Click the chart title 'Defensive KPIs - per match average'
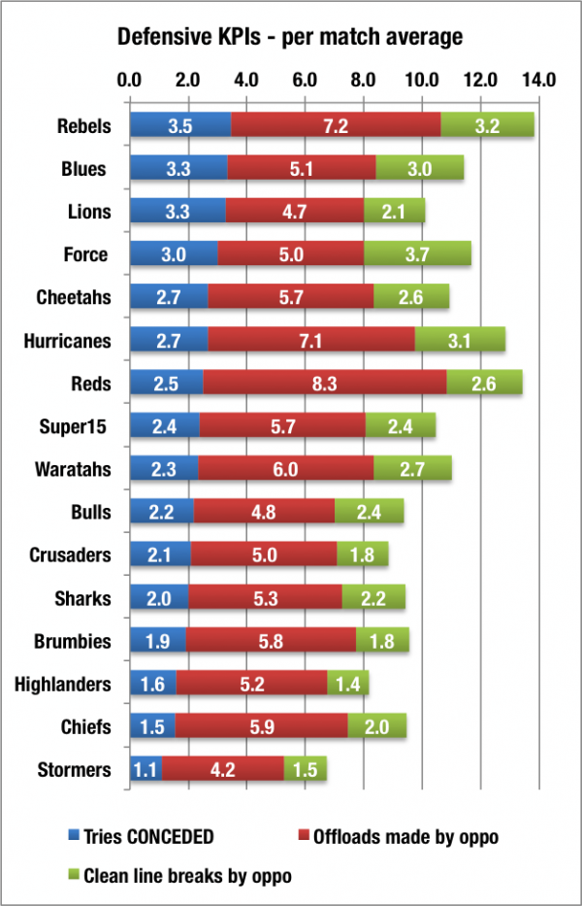click(x=290, y=39)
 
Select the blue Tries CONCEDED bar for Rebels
click(x=179, y=125)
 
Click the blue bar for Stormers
click(x=145, y=770)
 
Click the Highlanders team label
click(x=63, y=684)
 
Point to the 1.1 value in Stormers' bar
click(x=145, y=770)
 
